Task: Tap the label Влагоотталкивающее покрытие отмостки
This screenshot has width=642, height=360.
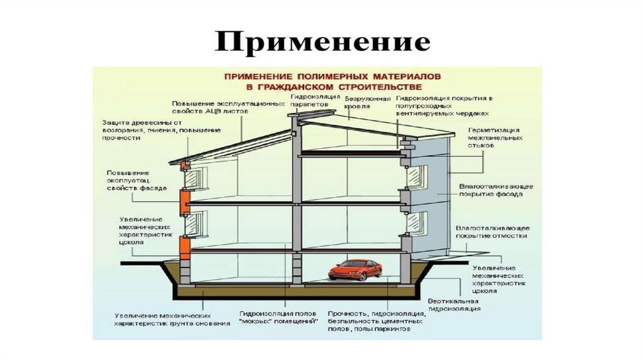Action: click(x=493, y=231)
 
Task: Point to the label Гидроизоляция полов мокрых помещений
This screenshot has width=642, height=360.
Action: click(x=278, y=317)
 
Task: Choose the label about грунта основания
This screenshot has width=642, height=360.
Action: click(x=162, y=319)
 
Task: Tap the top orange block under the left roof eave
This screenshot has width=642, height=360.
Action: click(x=185, y=166)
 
